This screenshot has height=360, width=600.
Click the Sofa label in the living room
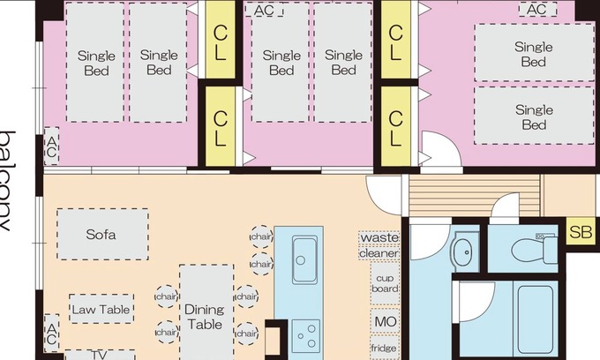tap(101, 235)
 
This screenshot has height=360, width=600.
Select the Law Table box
tap(101, 310)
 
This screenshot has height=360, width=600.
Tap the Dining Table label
tap(205, 317)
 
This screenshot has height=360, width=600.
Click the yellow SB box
tap(581, 233)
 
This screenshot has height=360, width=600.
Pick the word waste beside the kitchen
tap(379, 238)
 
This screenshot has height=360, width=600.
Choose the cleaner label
tap(379, 253)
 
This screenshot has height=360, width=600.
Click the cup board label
tap(385, 282)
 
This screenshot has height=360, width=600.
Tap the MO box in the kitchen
tap(385, 321)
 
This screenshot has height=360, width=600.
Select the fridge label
tap(385, 349)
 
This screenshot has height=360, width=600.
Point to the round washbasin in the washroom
tap(463, 253)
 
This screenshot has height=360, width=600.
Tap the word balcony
tap(8, 181)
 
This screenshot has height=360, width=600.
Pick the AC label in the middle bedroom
tap(263, 11)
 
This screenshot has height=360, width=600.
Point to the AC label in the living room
tap(51, 334)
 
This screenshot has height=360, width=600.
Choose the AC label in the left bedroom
tap(51, 146)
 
